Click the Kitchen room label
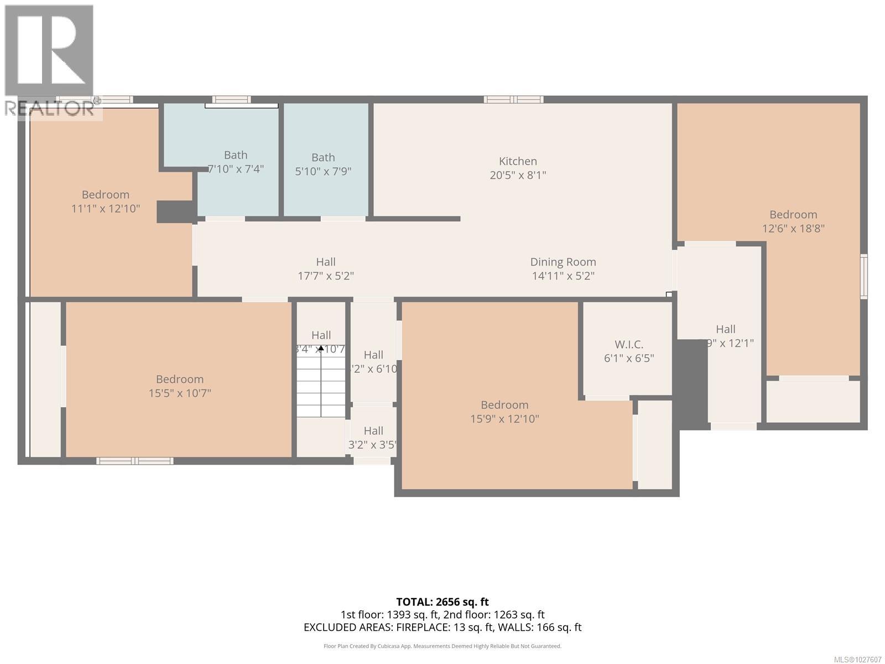(x=518, y=161)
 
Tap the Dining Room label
(x=563, y=262)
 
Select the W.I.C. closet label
(x=628, y=344)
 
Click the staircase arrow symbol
(x=321, y=349)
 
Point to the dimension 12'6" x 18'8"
(x=793, y=228)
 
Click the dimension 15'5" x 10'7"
(x=180, y=393)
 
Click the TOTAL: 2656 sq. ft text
(x=442, y=601)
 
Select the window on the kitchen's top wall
(x=513, y=100)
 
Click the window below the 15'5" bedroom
(x=134, y=460)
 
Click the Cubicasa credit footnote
(x=442, y=646)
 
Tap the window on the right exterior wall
(x=863, y=276)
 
